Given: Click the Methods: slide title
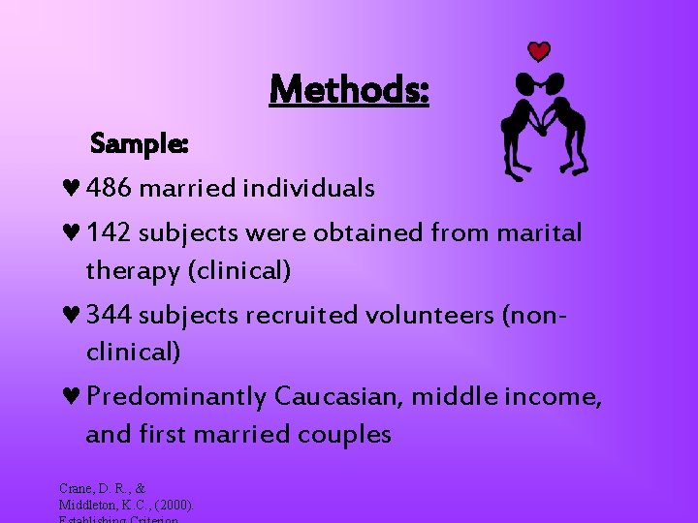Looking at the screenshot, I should (x=349, y=90).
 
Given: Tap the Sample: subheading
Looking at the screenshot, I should (x=139, y=144).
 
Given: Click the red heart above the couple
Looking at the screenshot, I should (x=539, y=51).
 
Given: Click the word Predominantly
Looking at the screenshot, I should (x=175, y=397).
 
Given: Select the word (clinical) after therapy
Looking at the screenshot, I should (x=241, y=271).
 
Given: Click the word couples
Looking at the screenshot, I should (x=342, y=435).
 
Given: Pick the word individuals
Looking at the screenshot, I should (x=314, y=188).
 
